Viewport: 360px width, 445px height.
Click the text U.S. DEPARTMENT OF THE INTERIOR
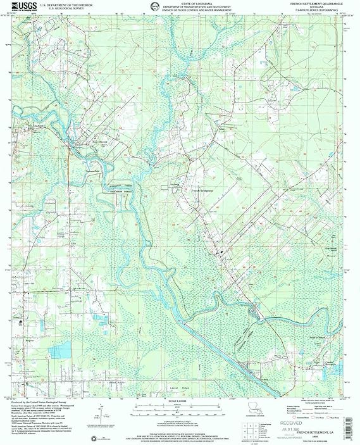point(63,4)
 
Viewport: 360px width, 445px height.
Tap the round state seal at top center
point(155,7)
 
